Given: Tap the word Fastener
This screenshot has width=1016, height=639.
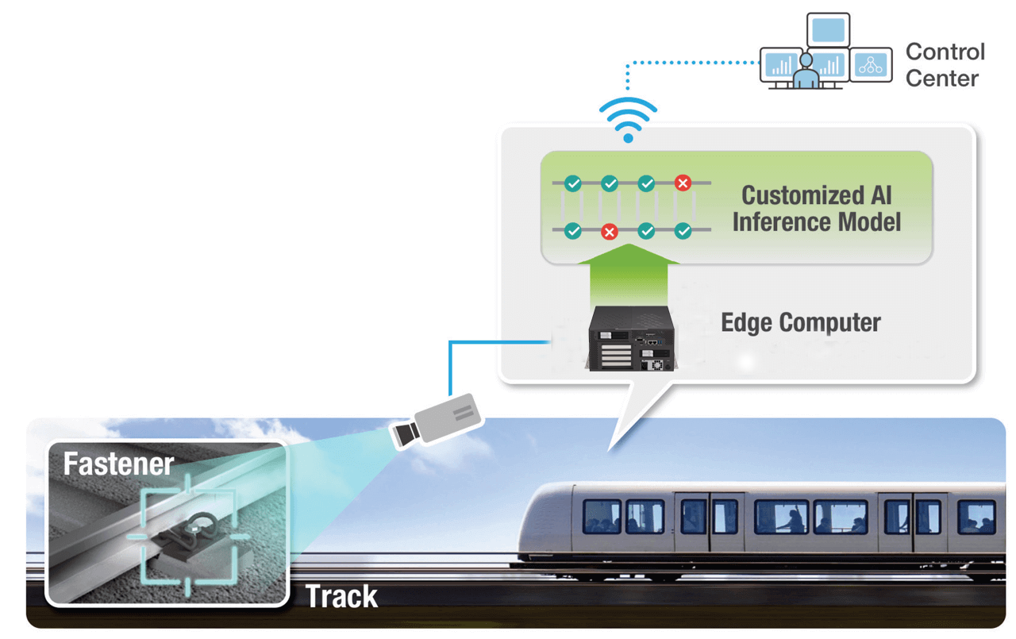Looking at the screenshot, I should (x=118, y=464).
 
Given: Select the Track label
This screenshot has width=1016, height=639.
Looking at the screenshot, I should (x=341, y=596).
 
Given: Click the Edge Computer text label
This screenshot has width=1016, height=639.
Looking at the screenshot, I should (x=800, y=323).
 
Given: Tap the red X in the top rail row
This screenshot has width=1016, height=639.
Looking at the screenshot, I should (x=682, y=183).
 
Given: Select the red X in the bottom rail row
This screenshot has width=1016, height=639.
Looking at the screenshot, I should (x=609, y=232).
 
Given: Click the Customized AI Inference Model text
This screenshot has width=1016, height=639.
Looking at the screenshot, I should (x=816, y=208).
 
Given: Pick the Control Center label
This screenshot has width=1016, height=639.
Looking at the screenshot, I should (x=945, y=65).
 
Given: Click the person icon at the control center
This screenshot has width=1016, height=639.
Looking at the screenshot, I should (x=806, y=72).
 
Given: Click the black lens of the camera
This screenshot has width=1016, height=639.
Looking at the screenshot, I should (x=404, y=433).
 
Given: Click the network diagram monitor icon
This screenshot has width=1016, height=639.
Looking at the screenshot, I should (x=871, y=65).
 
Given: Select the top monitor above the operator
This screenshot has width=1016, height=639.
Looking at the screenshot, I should (x=828, y=30).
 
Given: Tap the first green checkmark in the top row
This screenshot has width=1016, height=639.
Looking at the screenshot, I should (x=572, y=183).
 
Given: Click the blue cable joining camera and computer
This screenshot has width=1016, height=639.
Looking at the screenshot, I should (x=476, y=343).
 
